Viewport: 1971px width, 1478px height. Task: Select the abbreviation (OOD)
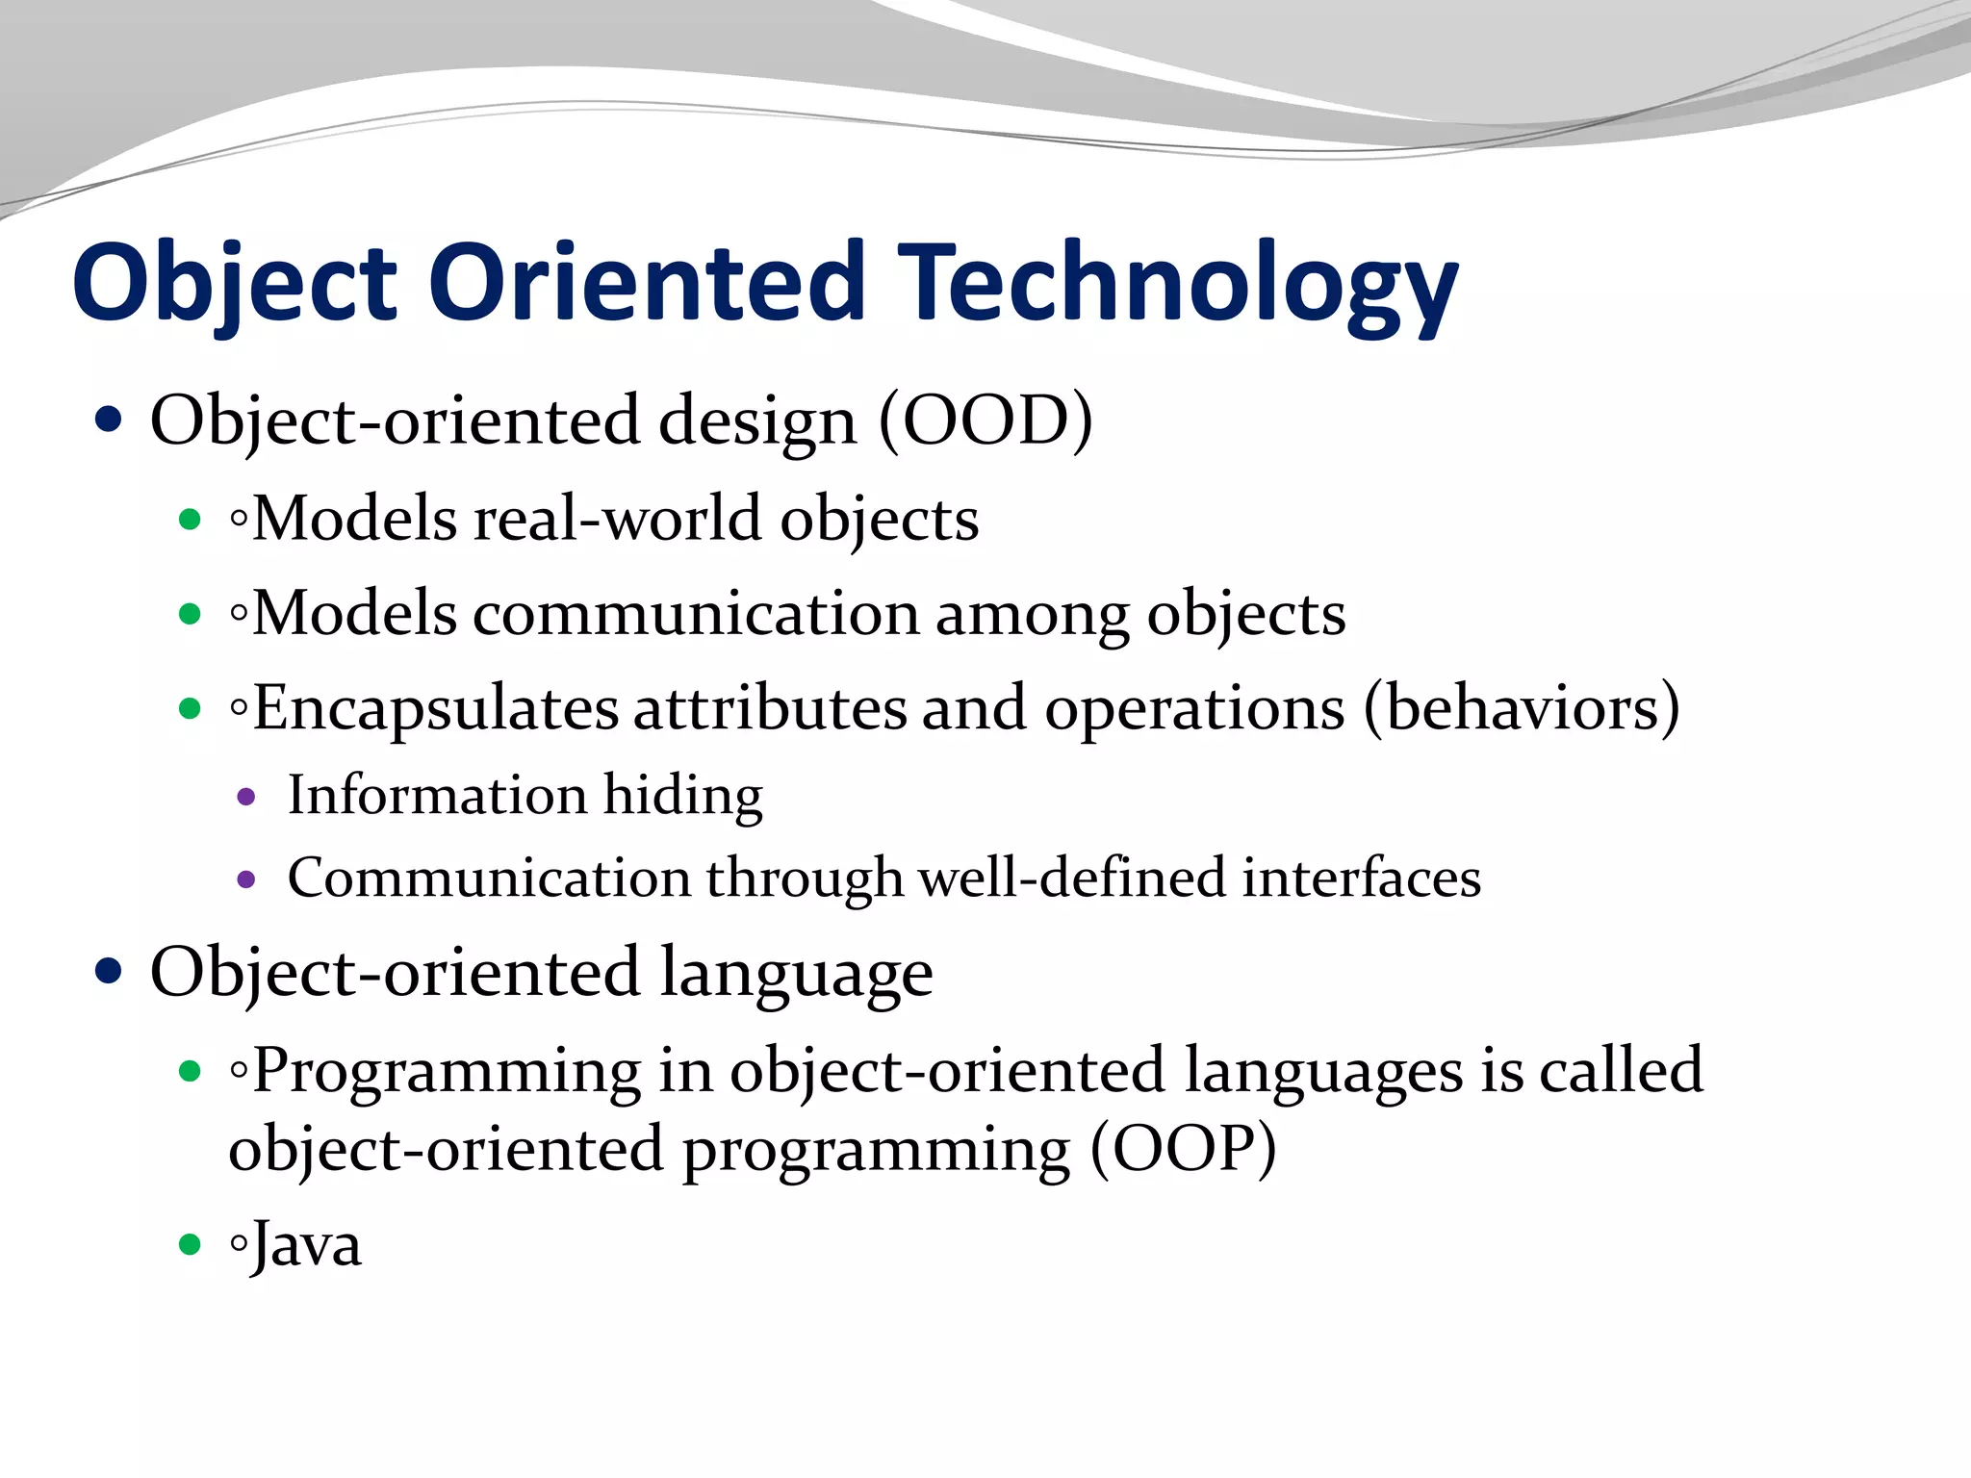985,420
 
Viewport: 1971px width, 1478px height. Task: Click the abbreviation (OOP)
1183,1149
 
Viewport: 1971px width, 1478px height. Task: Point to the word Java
306,1245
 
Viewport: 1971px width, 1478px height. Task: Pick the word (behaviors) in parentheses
1522,708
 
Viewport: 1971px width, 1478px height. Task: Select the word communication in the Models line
696,614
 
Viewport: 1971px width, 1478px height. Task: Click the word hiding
682,797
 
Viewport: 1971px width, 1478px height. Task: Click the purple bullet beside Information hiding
246,797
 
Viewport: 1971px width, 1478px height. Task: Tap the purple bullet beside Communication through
246,879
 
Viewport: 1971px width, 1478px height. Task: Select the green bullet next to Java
190,1245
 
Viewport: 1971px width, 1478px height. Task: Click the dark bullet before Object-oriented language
109,972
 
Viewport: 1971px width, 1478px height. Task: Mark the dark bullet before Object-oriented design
109,420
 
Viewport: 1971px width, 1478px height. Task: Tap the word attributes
770,709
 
